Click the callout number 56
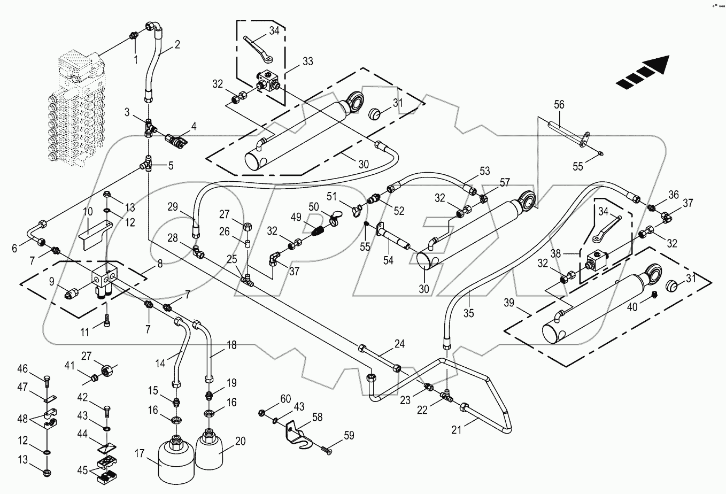pos(559,105)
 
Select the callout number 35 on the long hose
pos(468,313)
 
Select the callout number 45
pos(82,470)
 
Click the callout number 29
pos(171,206)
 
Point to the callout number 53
pos(484,171)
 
